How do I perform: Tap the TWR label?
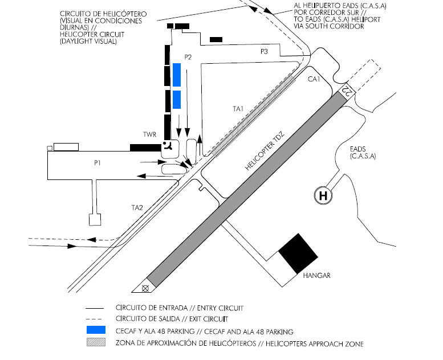point(150,135)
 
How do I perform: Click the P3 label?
point(264,51)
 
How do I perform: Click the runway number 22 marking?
point(347,90)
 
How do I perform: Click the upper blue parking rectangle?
point(177,75)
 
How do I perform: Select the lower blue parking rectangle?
point(177,99)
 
